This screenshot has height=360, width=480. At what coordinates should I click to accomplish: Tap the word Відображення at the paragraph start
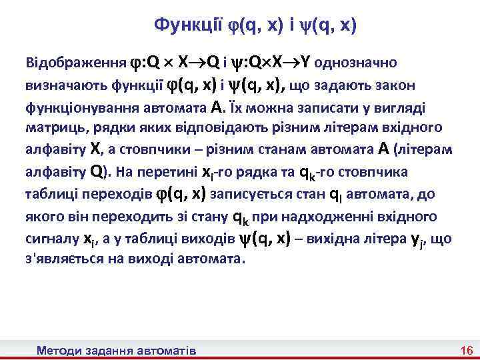(x=75, y=64)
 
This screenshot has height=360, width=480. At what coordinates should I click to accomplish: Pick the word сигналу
(x=49, y=238)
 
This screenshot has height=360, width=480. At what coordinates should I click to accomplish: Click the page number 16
(x=466, y=350)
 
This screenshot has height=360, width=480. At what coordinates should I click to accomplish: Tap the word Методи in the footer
(x=59, y=350)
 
